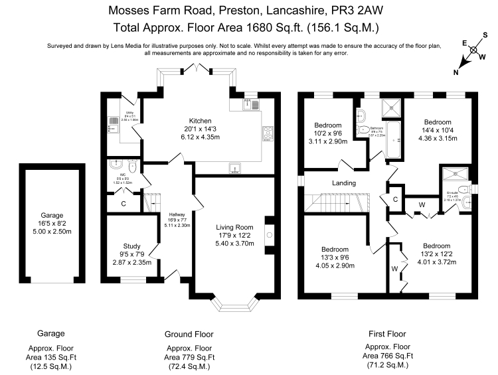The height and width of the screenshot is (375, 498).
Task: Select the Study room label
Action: coord(130,246)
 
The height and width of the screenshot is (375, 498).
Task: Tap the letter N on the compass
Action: coord(456,72)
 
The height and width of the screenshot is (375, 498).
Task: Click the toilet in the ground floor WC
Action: coord(133,170)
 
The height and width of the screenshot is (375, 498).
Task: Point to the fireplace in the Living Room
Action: coord(268,234)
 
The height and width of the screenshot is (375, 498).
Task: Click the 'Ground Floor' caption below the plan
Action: coord(188,334)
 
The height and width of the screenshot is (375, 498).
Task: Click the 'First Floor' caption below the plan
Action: coord(386,334)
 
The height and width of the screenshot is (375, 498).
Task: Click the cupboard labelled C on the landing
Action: coord(394,199)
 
